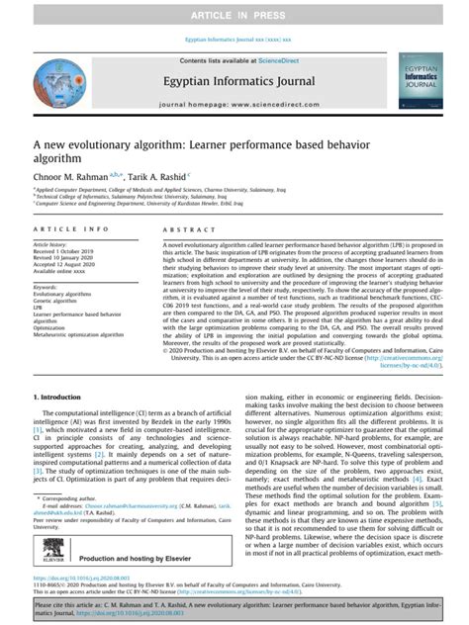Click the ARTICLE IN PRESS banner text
[234, 16]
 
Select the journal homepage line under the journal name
[234, 104]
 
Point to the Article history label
[50, 243]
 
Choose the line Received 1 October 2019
[65, 251]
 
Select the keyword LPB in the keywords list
[40, 310]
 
